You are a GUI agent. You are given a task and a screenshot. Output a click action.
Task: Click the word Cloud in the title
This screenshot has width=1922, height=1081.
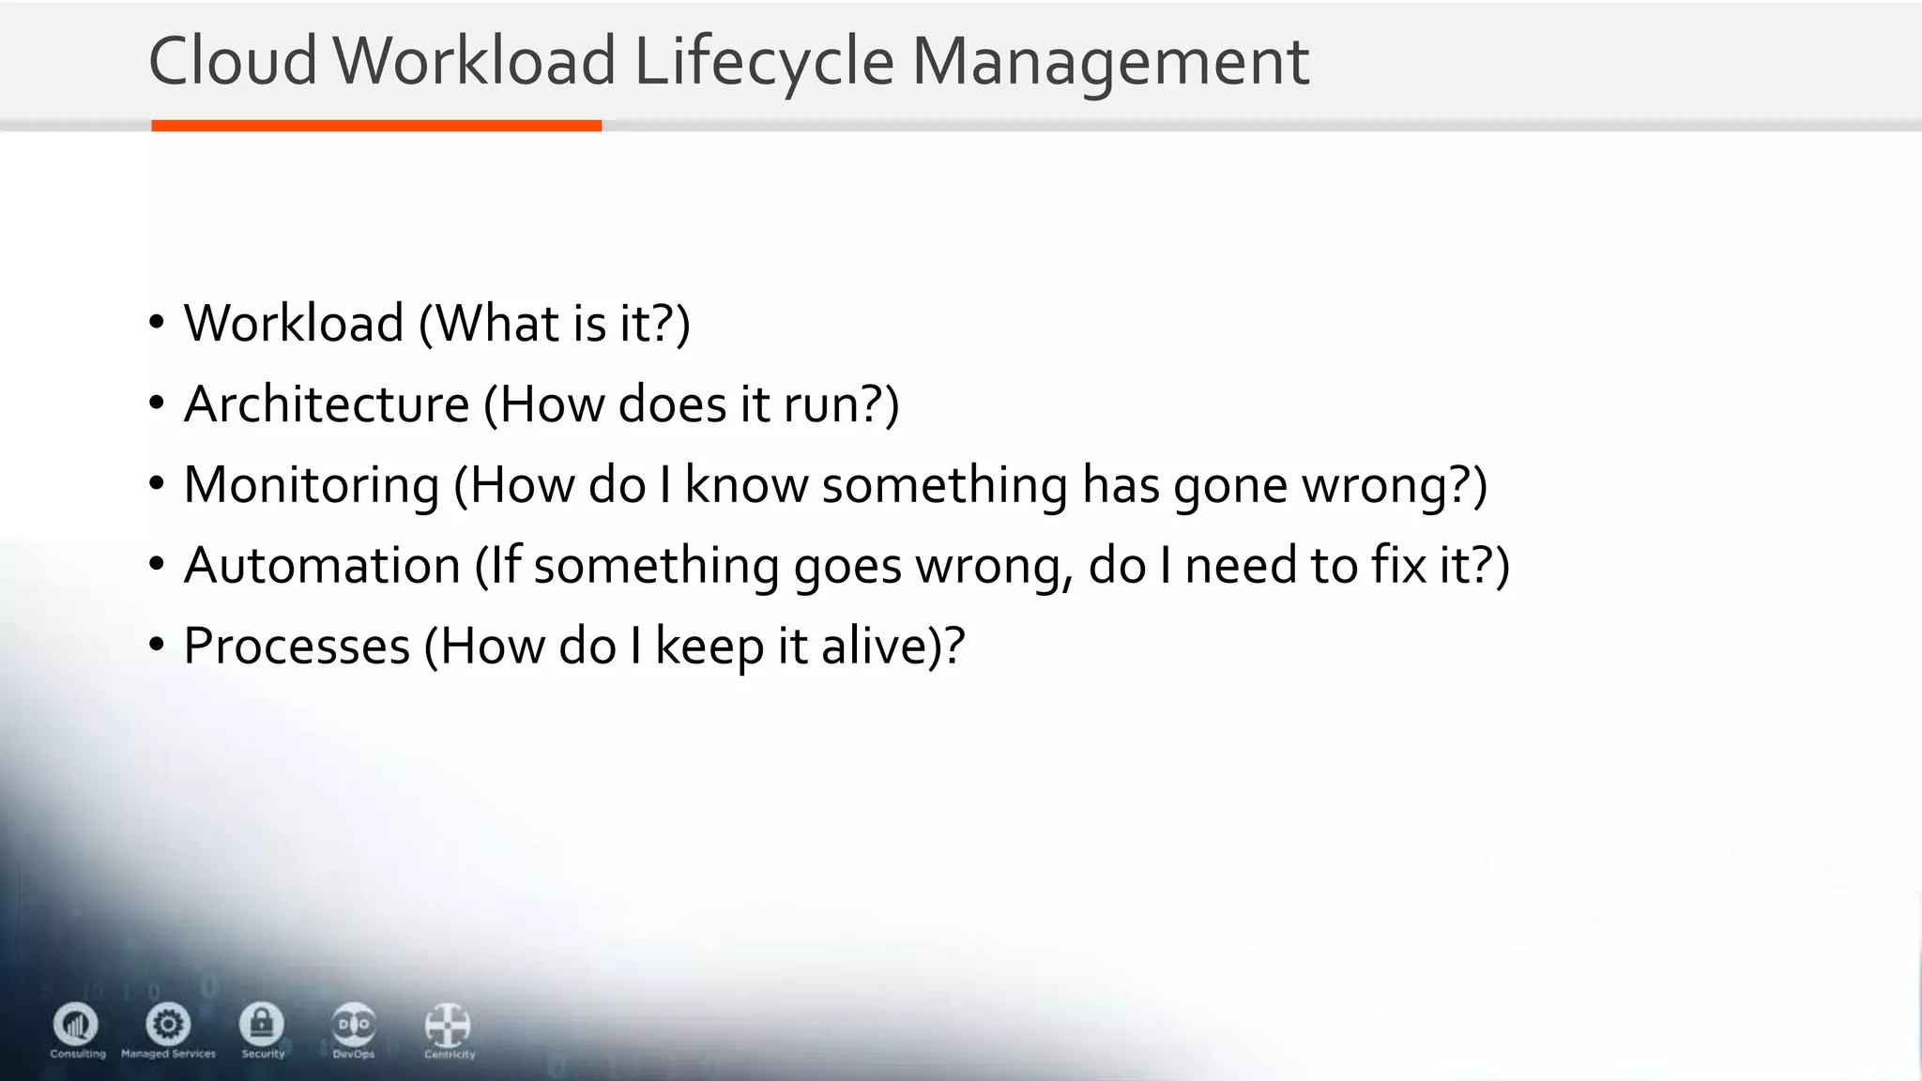pyautogui.click(x=233, y=62)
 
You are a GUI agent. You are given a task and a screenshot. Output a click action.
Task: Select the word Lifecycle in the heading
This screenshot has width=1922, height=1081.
pyautogui.click(x=764, y=62)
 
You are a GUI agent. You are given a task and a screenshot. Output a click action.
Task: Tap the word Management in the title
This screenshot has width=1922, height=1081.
pyautogui.click(x=1110, y=62)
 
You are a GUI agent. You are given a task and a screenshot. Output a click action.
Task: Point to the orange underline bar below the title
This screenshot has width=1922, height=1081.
pyautogui.click(x=375, y=126)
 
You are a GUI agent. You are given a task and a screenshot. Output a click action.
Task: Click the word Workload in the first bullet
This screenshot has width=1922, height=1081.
pyautogui.click(x=294, y=324)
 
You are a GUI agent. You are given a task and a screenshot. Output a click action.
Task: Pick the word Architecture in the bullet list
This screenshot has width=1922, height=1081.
pyautogui.click(x=327, y=404)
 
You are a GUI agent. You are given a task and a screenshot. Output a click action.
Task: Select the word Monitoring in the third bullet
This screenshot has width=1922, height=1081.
pyautogui.click(x=312, y=485)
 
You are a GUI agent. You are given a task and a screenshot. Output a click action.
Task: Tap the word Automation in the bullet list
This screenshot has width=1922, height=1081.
pyautogui.click(x=322, y=566)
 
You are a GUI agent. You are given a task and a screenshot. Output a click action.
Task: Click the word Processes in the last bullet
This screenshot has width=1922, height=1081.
pyautogui.click(x=297, y=647)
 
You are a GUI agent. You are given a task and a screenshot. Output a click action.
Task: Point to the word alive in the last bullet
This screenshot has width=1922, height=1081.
pyautogui.click(x=875, y=647)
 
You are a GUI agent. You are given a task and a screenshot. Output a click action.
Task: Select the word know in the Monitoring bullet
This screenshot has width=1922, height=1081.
pyautogui.click(x=746, y=485)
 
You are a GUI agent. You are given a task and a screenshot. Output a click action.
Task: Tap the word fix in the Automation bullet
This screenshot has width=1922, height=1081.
pyautogui.click(x=1397, y=566)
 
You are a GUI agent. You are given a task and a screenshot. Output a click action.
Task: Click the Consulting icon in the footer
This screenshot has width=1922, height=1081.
pyautogui.click(x=76, y=1024)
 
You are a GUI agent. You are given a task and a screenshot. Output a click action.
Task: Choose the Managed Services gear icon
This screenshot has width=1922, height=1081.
pyautogui.click(x=169, y=1024)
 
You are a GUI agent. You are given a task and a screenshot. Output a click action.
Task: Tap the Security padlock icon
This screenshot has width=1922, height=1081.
pyautogui.click(x=262, y=1024)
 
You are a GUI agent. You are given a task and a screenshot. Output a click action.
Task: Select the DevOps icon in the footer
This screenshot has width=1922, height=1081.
pyautogui.click(x=354, y=1025)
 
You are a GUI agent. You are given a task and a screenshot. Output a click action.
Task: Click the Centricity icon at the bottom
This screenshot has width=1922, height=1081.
pyautogui.click(x=448, y=1026)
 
